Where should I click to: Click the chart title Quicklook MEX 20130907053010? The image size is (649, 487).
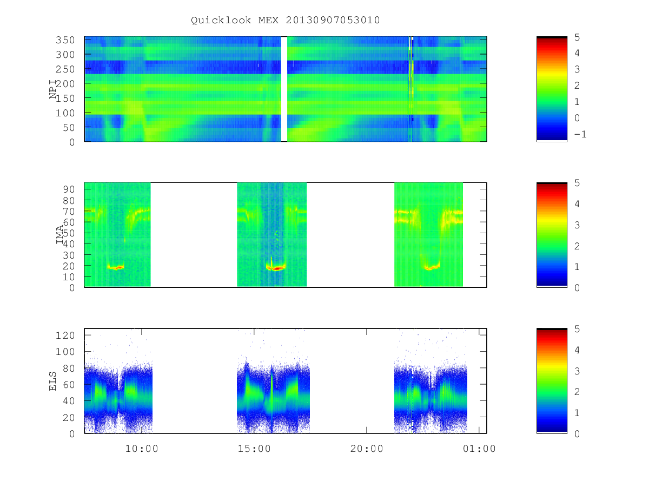(285, 20)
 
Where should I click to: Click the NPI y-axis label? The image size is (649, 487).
(53, 89)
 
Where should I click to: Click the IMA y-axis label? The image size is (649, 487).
(59, 234)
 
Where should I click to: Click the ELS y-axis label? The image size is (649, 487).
(52, 381)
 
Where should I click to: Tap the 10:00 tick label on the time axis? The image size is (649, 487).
(142, 449)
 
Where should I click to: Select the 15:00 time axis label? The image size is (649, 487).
(254, 449)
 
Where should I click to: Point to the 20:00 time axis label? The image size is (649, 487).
(367, 449)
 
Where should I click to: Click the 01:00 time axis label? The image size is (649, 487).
(479, 449)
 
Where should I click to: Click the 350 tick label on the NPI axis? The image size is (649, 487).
(65, 40)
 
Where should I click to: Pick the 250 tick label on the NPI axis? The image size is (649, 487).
(65, 69)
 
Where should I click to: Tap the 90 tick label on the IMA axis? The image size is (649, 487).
(69, 189)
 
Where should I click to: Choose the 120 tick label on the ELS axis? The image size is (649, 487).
(65, 335)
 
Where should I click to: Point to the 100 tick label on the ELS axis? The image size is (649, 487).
(65, 352)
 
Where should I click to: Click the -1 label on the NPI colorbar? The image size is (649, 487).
(580, 134)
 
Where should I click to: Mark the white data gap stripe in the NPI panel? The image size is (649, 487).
(284, 89)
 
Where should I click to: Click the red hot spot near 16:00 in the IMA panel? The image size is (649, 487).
(277, 269)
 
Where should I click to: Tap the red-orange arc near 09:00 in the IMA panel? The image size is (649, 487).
(116, 267)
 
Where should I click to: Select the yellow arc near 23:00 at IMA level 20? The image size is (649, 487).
(432, 267)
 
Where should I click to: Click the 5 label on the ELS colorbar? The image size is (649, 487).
(577, 329)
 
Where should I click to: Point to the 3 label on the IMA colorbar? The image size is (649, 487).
(577, 225)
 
